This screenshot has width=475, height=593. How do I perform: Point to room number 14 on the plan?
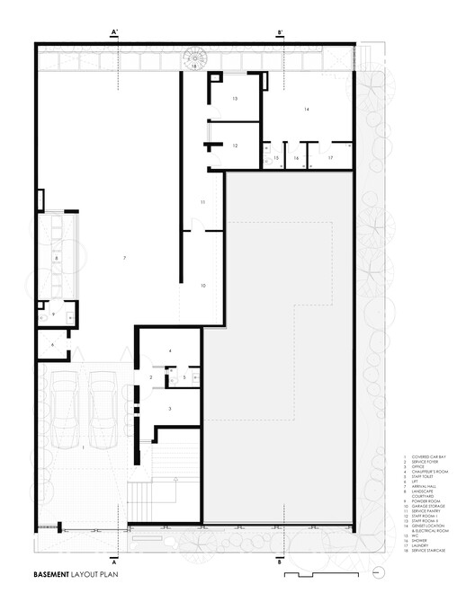click(306, 109)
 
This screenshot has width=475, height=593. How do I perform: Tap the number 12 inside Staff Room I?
click(234, 145)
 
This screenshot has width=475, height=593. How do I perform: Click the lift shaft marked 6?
click(52, 344)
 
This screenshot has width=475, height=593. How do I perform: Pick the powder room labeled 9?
click(52, 314)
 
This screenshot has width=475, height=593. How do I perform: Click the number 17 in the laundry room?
click(330, 158)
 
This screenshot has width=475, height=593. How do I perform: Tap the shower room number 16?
click(296, 158)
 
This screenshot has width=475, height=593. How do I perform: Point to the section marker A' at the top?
click(114, 32)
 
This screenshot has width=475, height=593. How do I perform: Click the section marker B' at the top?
click(281, 32)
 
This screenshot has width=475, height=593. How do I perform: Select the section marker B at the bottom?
click(281, 562)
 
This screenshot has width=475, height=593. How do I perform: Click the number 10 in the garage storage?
click(203, 285)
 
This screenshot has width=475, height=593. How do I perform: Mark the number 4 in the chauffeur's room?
click(169, 350)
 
